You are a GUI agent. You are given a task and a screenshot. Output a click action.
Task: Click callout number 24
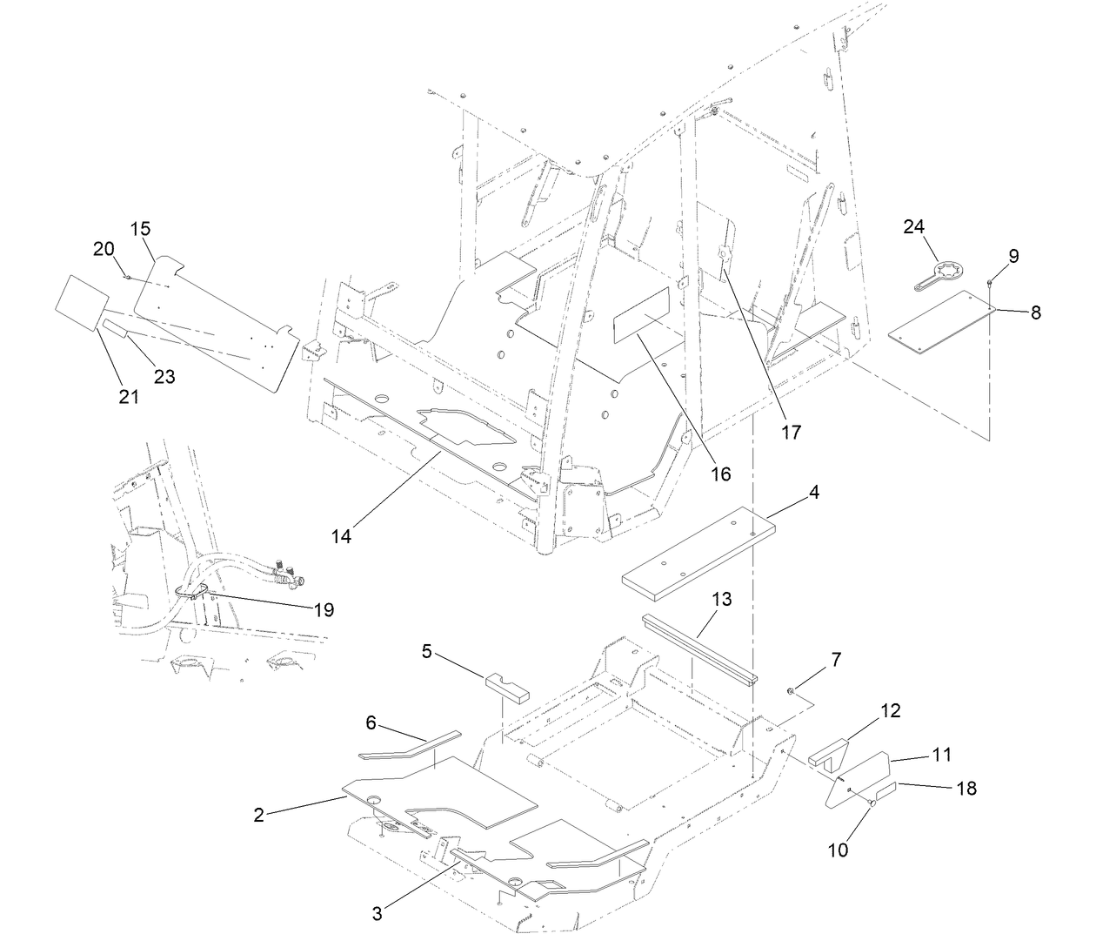pos(913,227)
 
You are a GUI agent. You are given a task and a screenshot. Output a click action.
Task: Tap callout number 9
pos(1013,256)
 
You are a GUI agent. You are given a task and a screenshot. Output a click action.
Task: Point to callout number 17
pos(791,431)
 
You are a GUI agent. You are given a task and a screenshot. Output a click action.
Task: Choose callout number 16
pos(720,474)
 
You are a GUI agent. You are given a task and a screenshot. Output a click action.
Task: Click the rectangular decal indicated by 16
pos(641,314)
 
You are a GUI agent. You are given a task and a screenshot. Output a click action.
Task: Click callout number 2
pos(258,815)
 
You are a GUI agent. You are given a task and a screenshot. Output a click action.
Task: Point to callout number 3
pos(377,913)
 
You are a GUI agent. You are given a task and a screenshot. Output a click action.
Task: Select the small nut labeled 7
pos(791,692)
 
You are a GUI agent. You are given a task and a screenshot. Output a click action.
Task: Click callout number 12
pos(890,710)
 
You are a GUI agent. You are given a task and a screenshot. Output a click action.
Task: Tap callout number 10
pos(838,850)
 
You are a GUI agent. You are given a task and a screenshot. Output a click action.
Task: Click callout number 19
pos(323,609)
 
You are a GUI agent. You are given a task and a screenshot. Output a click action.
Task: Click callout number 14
pos(341,536)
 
